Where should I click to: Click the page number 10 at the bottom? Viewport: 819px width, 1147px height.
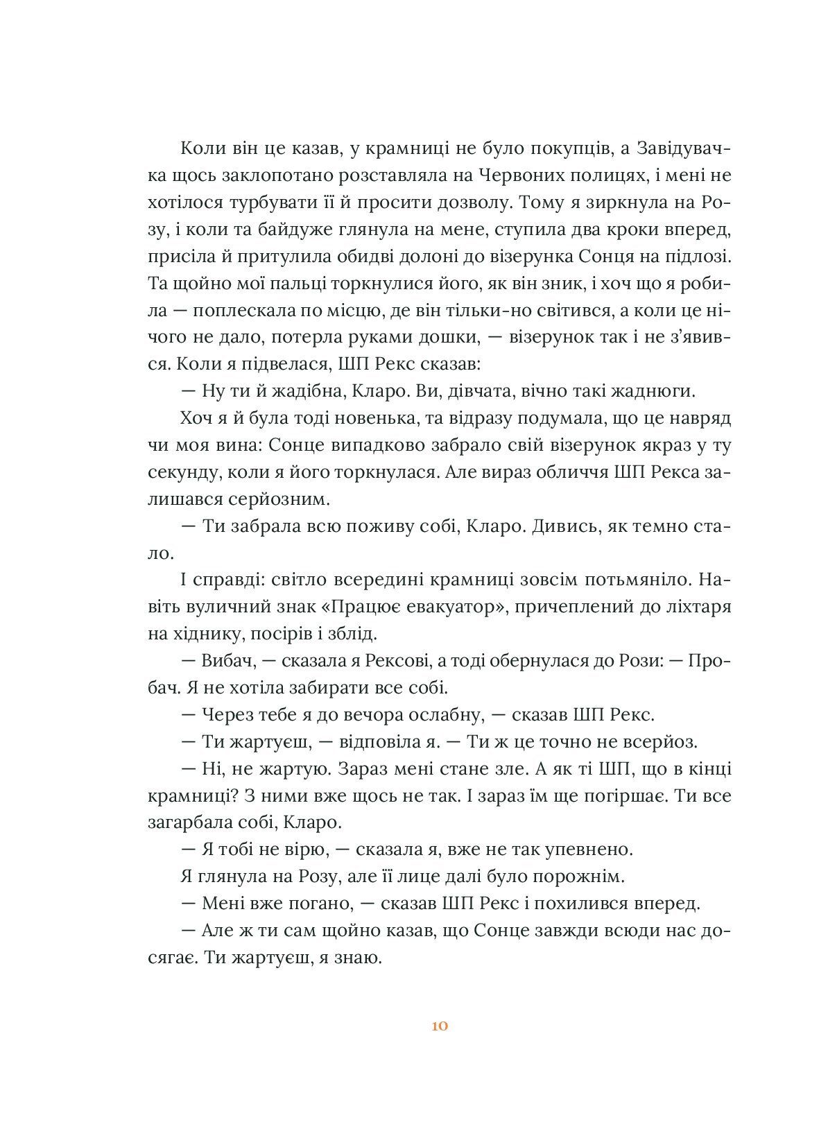click(x=440, y=1026)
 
